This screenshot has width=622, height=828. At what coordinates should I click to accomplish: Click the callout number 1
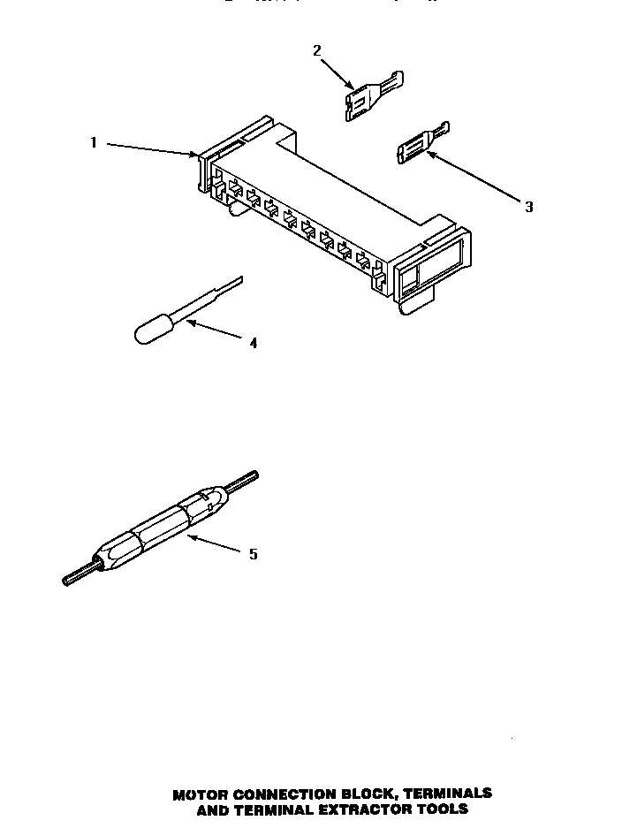click(94, 142)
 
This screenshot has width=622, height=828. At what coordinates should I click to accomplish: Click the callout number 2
click(317, 50)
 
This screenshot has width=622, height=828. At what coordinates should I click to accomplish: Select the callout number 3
click(528, 207)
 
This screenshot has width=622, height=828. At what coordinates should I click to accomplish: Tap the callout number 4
click(254, 343)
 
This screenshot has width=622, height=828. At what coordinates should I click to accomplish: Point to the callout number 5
click(254, 554)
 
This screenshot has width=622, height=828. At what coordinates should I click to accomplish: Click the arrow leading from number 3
click(474, 178)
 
